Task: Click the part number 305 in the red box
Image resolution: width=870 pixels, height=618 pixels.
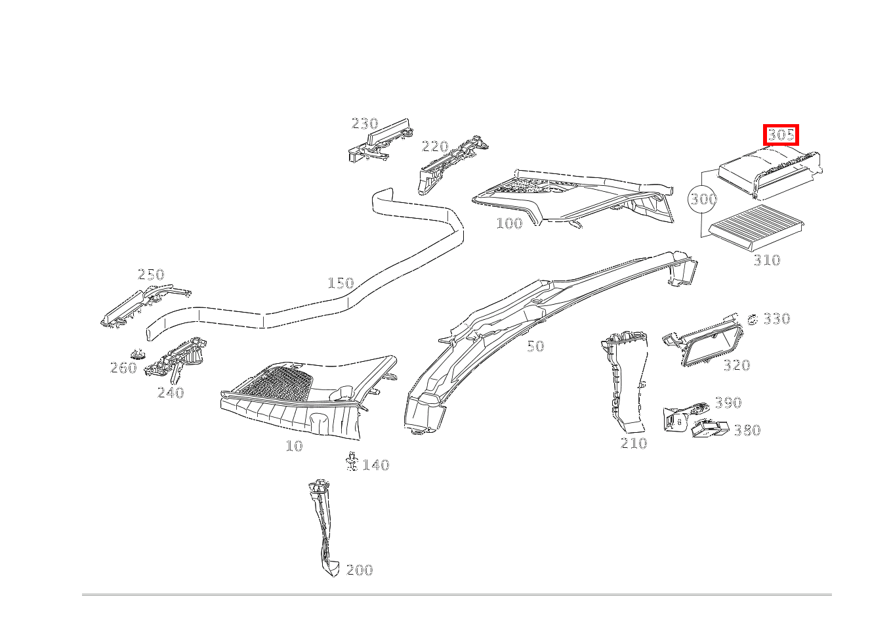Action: pyautogui.click(x=781, y=135)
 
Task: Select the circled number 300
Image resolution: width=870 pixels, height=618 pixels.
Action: pyautogui.click(x=703, y=199)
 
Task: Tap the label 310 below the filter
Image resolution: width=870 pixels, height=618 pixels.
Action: pyautogui.click(x=766, y=260)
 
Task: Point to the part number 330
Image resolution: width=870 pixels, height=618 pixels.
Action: pyautogui.click(x=776, y=319)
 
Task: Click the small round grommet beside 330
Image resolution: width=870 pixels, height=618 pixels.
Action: pyautogui.click(x=753, y=320)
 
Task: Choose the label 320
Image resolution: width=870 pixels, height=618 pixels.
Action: pyautogui.click(x=736, y=365)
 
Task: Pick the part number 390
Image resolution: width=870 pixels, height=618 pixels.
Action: pyautogui.click(x=728, y=403)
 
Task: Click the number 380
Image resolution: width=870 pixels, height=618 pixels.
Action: pyautogui.click(x=747, y=430)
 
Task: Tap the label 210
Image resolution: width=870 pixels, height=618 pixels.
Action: pyautogui.click(x=634, y=443)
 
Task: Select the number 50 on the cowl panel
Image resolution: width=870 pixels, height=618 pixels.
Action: pyautogui.click(x=535, y=346)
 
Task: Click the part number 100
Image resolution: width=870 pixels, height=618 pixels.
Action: pyautogui.click(x=509, y=223)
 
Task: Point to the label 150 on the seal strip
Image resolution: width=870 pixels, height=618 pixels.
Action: pyautogui.click(x=341, y=283)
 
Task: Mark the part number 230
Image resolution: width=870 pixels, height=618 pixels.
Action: pyautogui.click(x=365, y=123)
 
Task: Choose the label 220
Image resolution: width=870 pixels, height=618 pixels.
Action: pyautogui.click(x=434, y=146)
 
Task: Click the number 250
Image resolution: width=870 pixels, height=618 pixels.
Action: pyautogui.click(x=151, y=275)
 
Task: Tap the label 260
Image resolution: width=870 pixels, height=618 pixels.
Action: pyautogui.click(x=123, y=368)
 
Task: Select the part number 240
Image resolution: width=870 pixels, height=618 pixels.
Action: pyautogui.click(x=171, y=393)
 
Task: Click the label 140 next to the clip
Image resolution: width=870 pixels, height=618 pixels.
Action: pyautogui.click(x=376, y=465)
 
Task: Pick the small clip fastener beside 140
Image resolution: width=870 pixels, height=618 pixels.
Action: pyautogui.click(x=352, y=461)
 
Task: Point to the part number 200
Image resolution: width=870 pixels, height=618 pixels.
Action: pyautogui.click(x=359, y=570)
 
